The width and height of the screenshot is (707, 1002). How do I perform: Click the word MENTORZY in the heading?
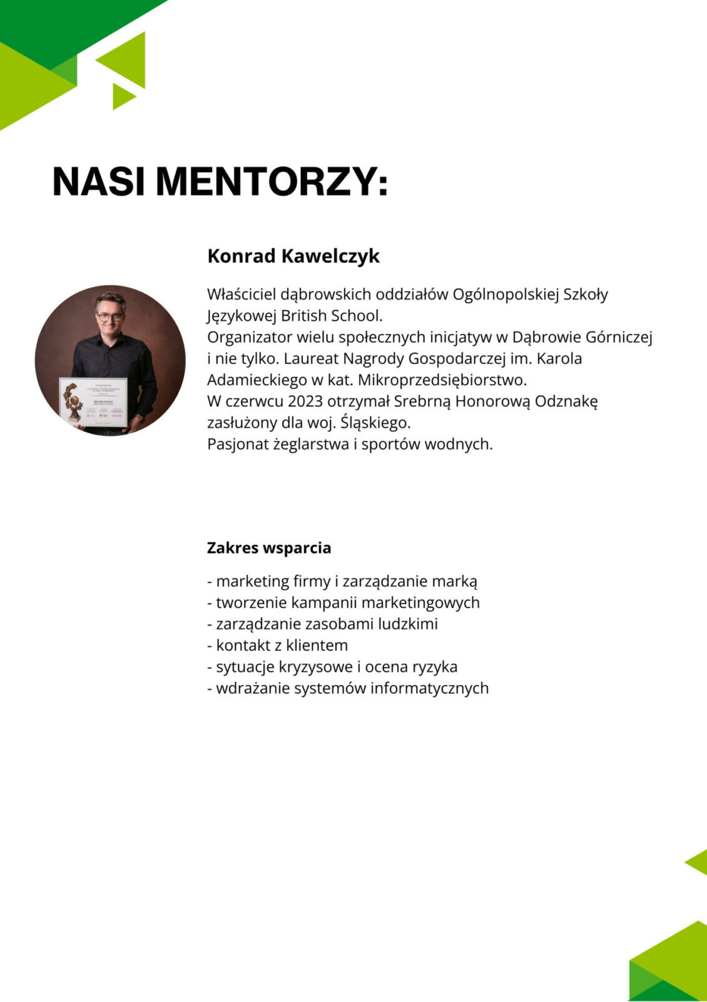click(272, 182)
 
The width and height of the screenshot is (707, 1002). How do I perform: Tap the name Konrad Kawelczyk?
click(293, 256)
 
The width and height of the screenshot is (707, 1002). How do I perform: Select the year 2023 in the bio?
click(305, 401)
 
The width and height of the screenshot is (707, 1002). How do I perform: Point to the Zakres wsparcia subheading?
click(269, 548)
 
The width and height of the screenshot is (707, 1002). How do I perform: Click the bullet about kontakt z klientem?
click(277, 645)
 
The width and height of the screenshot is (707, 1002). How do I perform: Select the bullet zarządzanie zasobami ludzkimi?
click(322, 624)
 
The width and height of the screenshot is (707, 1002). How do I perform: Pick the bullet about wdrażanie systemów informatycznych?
click(348, 688)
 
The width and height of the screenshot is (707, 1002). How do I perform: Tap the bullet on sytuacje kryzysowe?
click(332, 667)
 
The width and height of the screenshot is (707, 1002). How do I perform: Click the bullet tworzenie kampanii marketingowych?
click(343, 602)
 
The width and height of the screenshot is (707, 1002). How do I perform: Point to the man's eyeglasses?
click(110, 317)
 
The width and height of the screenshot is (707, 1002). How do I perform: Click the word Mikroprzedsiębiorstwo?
click(442, 380)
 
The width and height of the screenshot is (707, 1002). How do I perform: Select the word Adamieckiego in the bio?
click(257, 380)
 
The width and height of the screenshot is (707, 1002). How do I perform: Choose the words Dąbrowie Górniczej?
click(582, 338)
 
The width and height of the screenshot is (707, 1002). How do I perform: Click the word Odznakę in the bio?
click(566, 401)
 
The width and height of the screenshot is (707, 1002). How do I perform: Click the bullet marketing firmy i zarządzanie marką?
click(342, 581)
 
